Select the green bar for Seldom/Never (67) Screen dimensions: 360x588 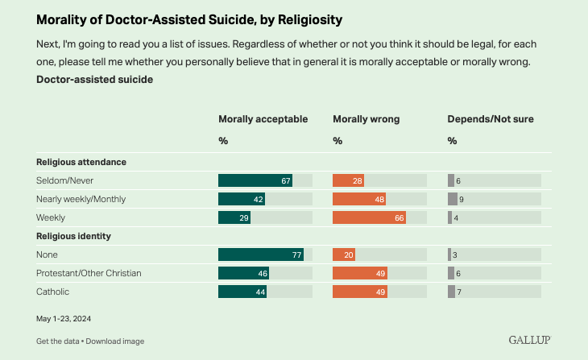255,180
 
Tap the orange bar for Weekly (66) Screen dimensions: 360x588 369,217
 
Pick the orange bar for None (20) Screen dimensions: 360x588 344,254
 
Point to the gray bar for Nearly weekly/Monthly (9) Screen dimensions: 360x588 453,199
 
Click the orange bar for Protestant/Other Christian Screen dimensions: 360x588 360,273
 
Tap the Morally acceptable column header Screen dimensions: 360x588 263,119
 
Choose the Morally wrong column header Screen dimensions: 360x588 366,119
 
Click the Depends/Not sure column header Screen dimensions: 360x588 491,119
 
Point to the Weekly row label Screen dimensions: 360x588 51,217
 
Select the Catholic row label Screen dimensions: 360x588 53,292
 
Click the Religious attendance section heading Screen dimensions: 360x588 81,162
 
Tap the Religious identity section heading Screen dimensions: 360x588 73,236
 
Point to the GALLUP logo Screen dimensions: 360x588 529,340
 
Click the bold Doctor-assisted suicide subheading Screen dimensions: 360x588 94,80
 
